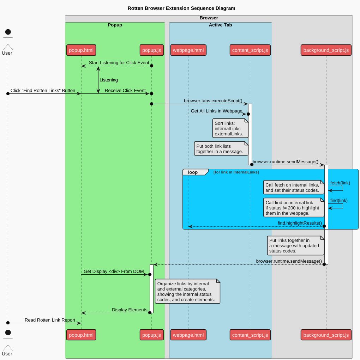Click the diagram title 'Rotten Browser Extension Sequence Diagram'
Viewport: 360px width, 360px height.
[181, 8]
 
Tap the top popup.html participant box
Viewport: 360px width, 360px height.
[81, 50]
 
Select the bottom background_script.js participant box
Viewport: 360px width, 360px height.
[326, 335]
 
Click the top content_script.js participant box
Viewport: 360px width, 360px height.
[250, 50]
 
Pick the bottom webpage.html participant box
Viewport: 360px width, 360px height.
[188, 335]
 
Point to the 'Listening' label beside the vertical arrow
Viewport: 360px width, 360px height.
[109, 80]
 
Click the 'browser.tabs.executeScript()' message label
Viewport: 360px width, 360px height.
[213, 101]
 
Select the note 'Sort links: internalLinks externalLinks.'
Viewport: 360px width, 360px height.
[230, 128]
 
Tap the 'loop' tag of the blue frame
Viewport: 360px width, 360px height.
[193, 172]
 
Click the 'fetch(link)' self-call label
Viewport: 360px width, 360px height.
[340, 183]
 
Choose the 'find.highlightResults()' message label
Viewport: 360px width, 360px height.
[300, 223]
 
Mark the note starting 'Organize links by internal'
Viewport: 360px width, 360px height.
[187, 292]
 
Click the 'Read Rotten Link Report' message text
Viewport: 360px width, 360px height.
[50, 320]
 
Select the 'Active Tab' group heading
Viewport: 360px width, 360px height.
[220, 25]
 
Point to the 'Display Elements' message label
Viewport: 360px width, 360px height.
[130, 310]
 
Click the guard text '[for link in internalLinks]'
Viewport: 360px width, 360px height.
[236, 172]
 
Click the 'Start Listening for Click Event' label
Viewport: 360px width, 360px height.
[119, 63]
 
